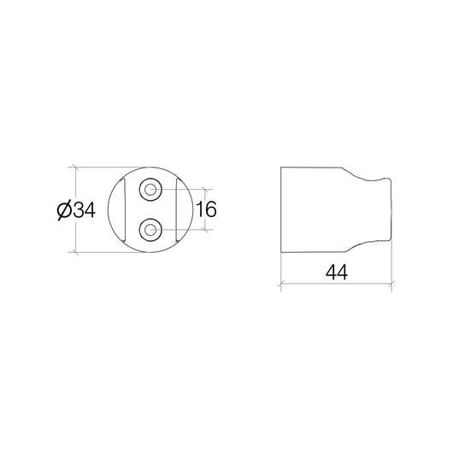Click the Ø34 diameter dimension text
(76, 210)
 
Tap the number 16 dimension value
(206, 209)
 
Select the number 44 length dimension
(337, 272)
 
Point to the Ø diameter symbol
(64, 210)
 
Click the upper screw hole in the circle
(150, 190)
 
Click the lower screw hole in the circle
(150, 230)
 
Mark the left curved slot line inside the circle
(125, 209)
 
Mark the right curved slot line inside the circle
(177, 209)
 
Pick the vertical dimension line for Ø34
(76, 209)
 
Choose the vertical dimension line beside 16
(205, 209)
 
